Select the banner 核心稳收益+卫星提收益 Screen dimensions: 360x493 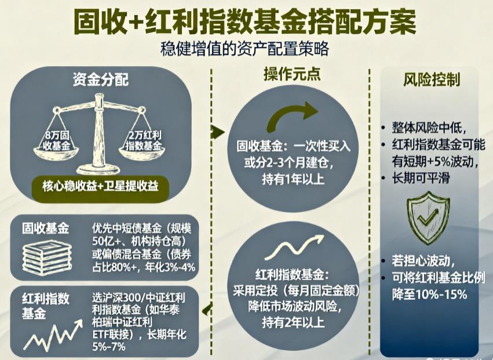(x=104, y=187)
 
